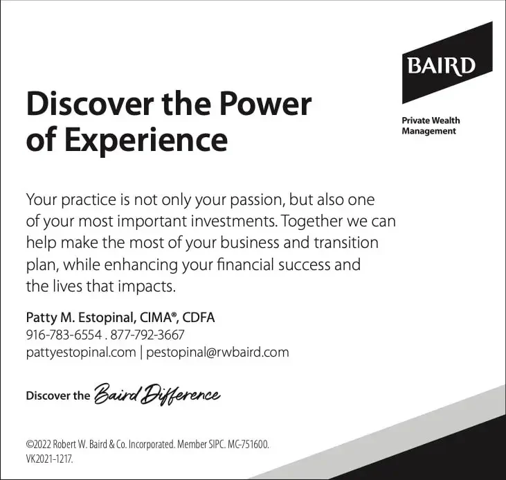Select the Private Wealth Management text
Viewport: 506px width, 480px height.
431,125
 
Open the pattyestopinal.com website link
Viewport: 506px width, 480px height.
80,353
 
